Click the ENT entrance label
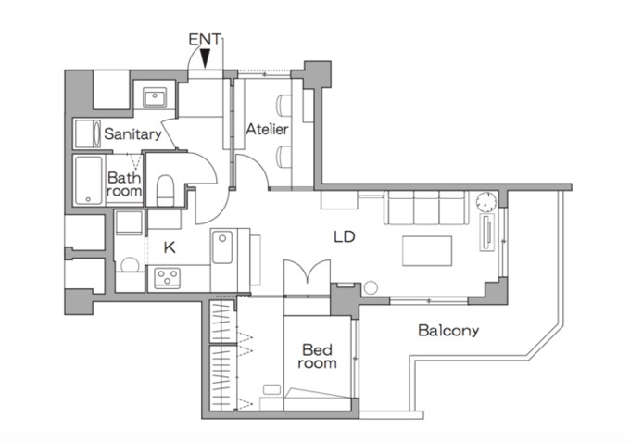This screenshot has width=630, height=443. point(205,40)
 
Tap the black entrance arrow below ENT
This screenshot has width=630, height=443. point(206,58)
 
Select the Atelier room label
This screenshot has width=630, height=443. point(267,129)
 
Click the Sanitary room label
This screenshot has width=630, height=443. point(132,133)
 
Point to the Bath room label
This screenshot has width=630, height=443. point(124,184)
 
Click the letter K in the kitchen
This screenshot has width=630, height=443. point(170,247)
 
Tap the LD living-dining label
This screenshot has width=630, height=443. point(345,236)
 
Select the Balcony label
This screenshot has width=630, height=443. point(448,331)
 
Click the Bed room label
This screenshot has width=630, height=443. point(318,356)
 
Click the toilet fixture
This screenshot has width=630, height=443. point(165,191)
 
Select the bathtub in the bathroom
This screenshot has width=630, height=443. point(89,181)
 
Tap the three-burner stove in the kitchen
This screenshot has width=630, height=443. point(167,278)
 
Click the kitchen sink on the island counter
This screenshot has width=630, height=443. point(222,247)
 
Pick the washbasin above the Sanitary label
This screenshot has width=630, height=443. point(155,97)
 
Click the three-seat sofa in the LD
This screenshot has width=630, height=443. point(426,208)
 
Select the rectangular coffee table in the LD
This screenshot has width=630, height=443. point(427,251)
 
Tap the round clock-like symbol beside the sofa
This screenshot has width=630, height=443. point(486,202)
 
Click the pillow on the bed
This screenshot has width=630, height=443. point(272,389)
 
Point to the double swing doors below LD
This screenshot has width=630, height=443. point(307,272)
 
